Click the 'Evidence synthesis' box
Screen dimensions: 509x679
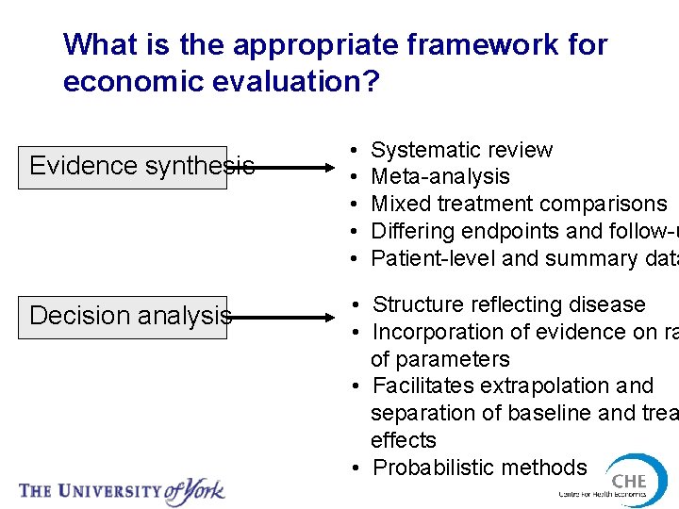[x=123, y=167]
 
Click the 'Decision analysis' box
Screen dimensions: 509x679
[x=123, y=316]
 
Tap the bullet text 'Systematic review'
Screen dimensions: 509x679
[x=461, y=150]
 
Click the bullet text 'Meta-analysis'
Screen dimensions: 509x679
[x=439, y=176]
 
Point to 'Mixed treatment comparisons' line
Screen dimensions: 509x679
[x=519, y=204]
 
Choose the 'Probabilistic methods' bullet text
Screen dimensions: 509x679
[x=479, y=468]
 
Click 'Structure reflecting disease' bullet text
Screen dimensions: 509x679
[x=508, y=304]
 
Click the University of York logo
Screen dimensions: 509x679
[x=123, y=490]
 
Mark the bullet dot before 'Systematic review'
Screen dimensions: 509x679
[x=352, y=151]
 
